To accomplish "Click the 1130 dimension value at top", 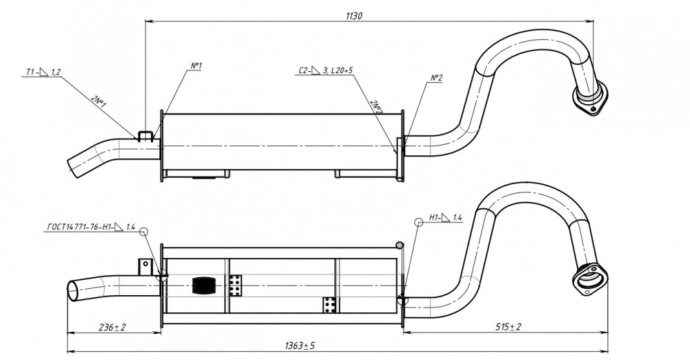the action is click(x=354, y=16).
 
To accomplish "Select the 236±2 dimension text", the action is click(x=112, y=327).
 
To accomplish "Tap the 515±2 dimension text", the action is click(x=509, y=327).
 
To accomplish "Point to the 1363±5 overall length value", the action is click(x=299, y=346).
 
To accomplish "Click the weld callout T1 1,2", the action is click(x=43, y=72).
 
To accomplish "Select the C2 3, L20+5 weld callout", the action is click(x=326, y=70).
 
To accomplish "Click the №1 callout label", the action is click(x=196, y=66).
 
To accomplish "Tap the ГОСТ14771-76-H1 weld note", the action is click(x=90, y=227).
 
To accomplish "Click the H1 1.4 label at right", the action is click(x=445, y=217).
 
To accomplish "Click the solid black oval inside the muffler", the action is click(x=204, y=286).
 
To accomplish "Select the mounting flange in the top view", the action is click(x=592, y=99).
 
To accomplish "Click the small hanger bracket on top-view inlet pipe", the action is click(x=146, y=136).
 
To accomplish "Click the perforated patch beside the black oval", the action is click(x=235, y=286).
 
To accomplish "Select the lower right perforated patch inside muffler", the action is click(x=330, y=306).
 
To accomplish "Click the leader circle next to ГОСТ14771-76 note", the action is click(x=143, y=231).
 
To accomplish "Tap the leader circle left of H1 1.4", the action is click(x=419, y=222).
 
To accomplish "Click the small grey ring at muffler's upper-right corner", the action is click(x=400, y=245).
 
